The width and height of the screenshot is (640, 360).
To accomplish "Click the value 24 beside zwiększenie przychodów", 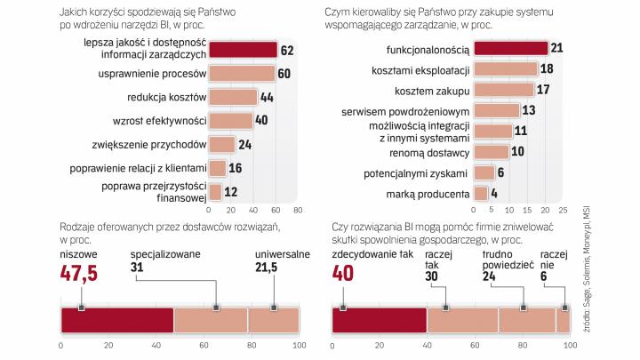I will click(x=245, y=144).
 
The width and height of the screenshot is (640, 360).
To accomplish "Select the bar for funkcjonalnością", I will click(x=510, y=48).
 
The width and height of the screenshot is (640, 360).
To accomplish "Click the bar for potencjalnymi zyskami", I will click(x=484, y=172).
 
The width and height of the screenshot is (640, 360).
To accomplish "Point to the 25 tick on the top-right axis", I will click(x=563, y=212).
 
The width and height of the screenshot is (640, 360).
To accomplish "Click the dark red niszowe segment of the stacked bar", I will click(x=116, y=319).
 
